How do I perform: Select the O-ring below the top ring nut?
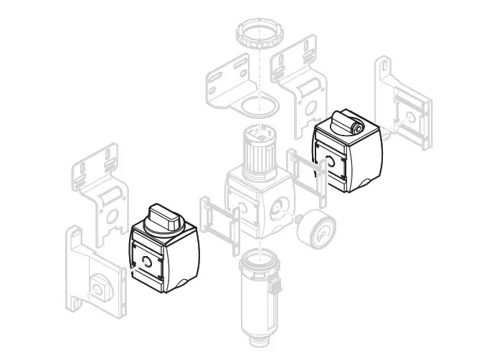259,105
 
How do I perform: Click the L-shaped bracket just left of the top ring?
229,85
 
